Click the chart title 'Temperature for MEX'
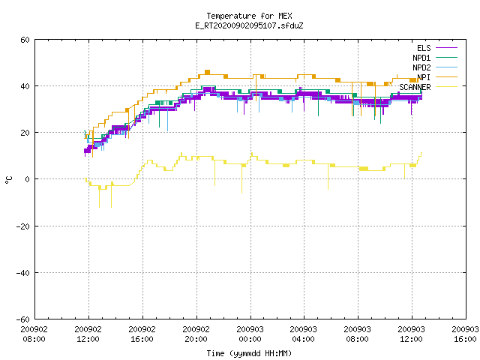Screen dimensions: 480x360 [x=249, y=16]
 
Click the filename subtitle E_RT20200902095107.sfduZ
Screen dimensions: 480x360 [x=249, y=25]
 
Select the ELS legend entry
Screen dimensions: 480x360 [x=424, y=48]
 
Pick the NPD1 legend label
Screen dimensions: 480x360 [x=421, y=58]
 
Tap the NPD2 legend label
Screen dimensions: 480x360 [x=421, y=67]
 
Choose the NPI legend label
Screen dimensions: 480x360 [x=424, y=77]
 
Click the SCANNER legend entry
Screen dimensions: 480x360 [x=415, y=87]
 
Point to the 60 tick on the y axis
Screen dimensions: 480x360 [x=25, y=40]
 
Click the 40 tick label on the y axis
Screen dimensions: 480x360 [x=25, y=86]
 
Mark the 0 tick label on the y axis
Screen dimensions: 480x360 [x=28, y=179]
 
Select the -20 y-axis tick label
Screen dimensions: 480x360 [x=23, y=226]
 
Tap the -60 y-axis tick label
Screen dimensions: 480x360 [x=23, y=319]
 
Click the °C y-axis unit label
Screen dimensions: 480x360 [x=8, y=180]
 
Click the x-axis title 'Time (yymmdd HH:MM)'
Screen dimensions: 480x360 [x=249, y=353]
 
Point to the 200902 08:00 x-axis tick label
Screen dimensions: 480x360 [x=34, y=334]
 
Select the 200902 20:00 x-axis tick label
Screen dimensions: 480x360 [x=196, y=334]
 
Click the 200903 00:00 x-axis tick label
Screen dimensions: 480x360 [x=250, y=334]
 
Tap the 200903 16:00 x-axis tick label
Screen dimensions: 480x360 [x=465, y=334]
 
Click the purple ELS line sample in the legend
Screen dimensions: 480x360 [x=446, y=48]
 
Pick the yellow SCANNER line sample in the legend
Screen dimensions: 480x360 [x=446, y=87]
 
